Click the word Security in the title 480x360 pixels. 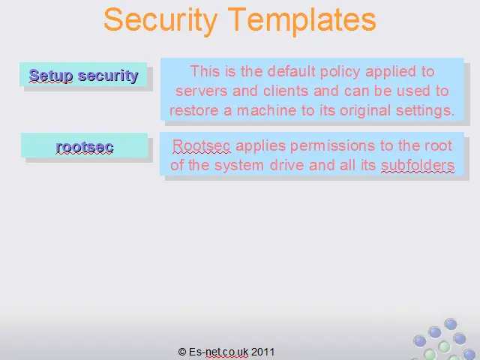pyautogui.click(x=160, y=20)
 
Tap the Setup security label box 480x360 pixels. pyautogui.click(x=83, y=74)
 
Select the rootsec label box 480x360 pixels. pyautogui.click(x=85, y=145)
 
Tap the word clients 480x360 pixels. pyautogui.click(x=286, y=91)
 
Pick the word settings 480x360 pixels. pyautogui.click(x=425, y=110)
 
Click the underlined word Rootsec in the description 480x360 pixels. pyautogui.click(x=201, y=145)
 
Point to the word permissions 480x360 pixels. pyautogui.click(x=332, y=146)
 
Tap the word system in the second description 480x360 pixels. pyautogui.click(x=239, y=166)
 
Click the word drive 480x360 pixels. pyautogui.click(x=286, y=165)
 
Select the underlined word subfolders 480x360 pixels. pyautogui.click(x=418, y=165)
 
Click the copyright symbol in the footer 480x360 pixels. pyautogui.click(x=182, y=352)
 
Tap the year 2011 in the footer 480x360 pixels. pyautogui.click(x=262, y=352)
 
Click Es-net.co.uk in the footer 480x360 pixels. pyautogui.click(x=218, y=352)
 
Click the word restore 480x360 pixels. pyautogui.click(x=193, y=110)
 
